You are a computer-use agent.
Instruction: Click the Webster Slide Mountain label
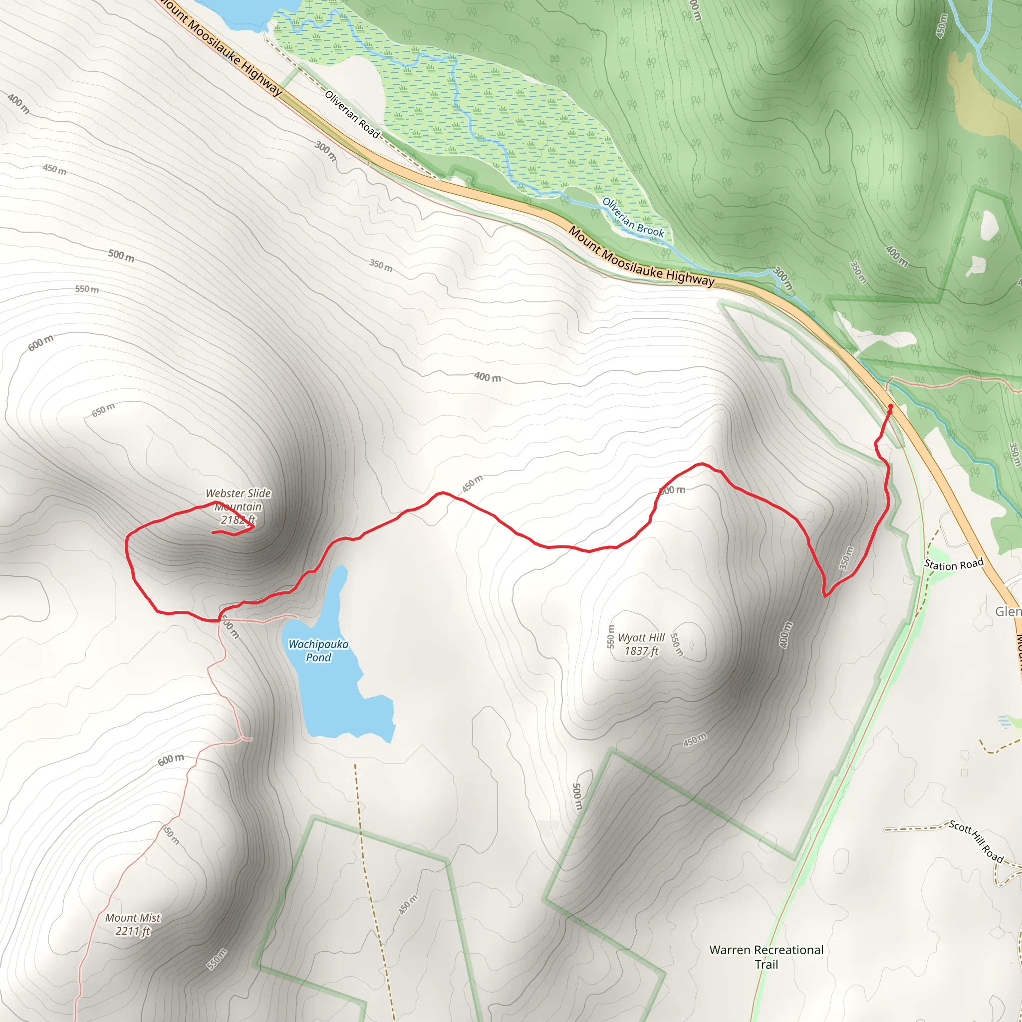click(x=238, y=506)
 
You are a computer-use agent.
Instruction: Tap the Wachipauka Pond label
click(x=318, y=651)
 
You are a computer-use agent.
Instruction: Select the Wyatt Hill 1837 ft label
click(x=641, y=644)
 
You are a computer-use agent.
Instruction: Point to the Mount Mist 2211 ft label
click(x=133, y=924)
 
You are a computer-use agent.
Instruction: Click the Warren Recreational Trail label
click(x=766, y=957)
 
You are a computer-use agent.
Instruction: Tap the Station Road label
click(x=953, y=564)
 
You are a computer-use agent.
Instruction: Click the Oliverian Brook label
click(x=633, y=218)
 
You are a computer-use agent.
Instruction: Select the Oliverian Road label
click(x=352, y=114)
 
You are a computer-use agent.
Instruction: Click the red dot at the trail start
click(x=891, y=407)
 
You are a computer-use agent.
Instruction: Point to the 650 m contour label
click(x=103, y=409)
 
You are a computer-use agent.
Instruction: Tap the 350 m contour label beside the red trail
click(x=846, y=558)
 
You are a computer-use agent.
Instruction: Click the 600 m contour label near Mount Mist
click(x=171, y=760)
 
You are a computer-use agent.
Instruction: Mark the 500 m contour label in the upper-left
click(x=121, y=256)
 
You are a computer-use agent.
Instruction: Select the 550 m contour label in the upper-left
click(x=87, y=289)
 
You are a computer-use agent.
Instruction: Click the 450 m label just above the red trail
click(x=473, y=484)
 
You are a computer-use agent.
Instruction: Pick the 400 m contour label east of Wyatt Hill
click(x=786, y=635)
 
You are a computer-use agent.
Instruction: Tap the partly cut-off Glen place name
click(x=1008, y=612)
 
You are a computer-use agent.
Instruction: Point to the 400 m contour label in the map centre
click(x=487, y=377)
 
